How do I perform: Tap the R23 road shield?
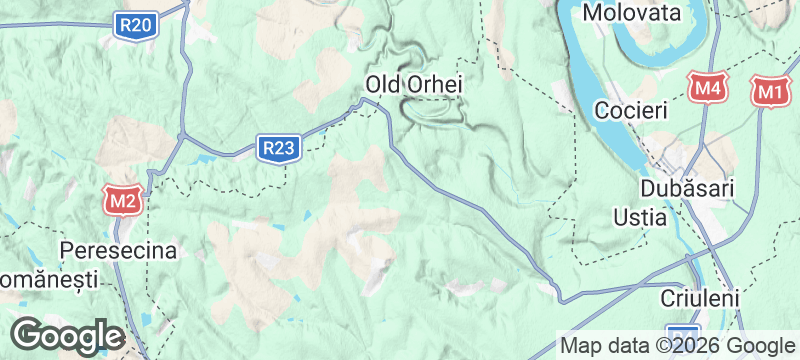click(x=278, y=149)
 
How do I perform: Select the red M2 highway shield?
click(x=123, y=202)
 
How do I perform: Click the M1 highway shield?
click(x=768, y=91)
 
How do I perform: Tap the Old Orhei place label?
click(x=414, y=85)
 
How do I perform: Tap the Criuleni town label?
click(x=699, y=298)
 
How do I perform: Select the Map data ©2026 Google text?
click(x=676, y=345)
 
